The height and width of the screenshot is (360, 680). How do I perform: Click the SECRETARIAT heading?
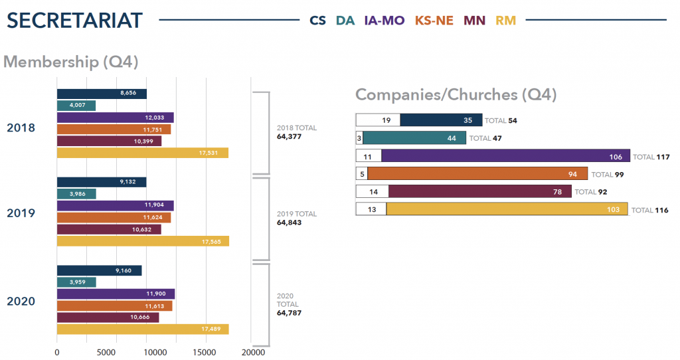(x=74, y=20)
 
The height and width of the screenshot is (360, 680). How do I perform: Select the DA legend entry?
(x=345, y=21)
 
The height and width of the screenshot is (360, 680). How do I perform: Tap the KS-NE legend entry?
(x=434, y=21)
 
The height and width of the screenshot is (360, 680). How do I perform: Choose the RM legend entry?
(x=505, y=21)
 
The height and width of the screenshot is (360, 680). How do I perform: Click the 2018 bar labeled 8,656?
(x=102, y=94)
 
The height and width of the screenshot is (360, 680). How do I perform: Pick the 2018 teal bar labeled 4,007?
(x=76, y=106)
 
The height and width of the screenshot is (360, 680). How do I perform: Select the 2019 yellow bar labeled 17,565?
(x=143, y=241)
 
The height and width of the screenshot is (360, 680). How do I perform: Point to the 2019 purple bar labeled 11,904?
(x=115, y=206)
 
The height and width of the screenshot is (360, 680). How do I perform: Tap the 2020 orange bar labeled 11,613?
(x=114, y=306)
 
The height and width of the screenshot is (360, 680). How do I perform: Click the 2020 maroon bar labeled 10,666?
(x=108, y=317)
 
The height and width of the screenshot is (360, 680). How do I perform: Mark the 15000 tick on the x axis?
(x=207, y=353)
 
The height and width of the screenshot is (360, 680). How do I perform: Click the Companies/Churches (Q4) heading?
(x=456, y=94)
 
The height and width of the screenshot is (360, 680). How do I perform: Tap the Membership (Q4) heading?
(x=70, y=62)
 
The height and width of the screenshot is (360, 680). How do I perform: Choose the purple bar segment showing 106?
(x=505, y=157)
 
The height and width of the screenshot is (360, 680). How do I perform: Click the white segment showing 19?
(x=377, y=120)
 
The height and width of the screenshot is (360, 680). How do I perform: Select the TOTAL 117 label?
(x=651, y=157)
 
